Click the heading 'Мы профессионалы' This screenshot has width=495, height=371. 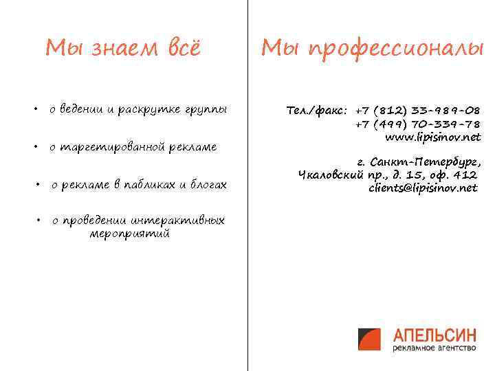tap(372, 48)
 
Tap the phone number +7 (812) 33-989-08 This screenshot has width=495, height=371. tap(418, 110)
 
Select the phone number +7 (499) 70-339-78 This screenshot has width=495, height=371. tap(418, 124)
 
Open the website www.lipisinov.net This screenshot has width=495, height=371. tap(432, 137)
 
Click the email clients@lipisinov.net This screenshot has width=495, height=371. tap(422, 188)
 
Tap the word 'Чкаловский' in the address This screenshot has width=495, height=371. tap(329, 175)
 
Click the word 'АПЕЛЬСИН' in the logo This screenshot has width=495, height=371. tap(434, 335)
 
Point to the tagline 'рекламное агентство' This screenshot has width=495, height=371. tap(434, 348)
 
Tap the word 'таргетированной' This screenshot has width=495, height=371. tap(116, 147)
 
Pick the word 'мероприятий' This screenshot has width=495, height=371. tap(130, 234)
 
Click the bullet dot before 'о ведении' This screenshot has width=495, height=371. tap(34, 109)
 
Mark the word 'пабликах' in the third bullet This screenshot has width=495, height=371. tap(148, 185)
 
